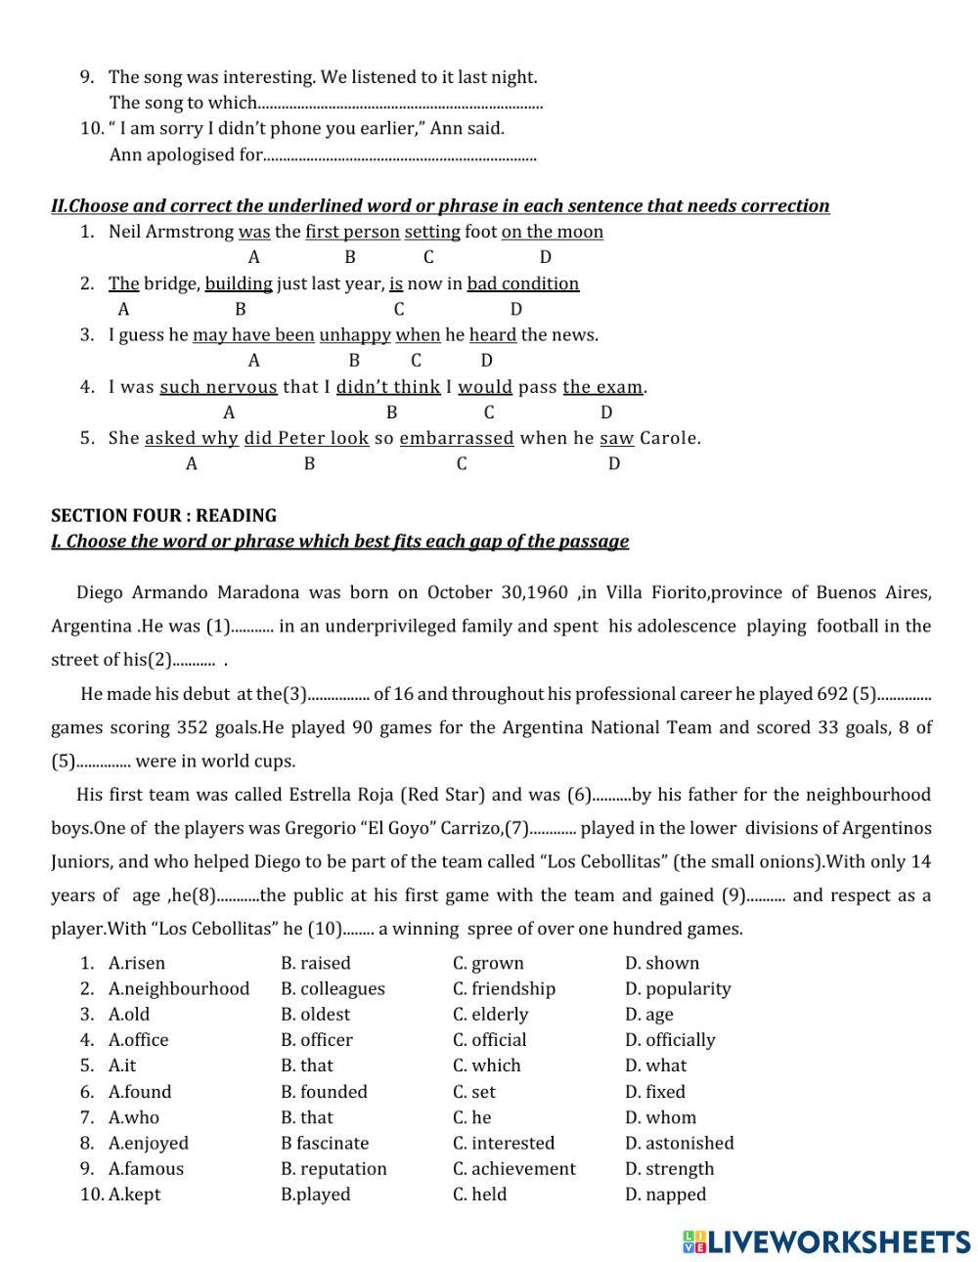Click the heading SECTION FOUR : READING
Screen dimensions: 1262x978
(x=163, y=515)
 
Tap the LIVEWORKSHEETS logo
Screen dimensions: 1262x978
(x=826, y=1241)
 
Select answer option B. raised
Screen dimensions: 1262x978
(x=315, y=963)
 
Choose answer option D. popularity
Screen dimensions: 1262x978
(x=678, y=988)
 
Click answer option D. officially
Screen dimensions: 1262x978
(x=670, y=1040)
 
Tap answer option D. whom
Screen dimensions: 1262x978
(x=660, y=1117)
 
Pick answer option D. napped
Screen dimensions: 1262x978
(x=665, y=1194)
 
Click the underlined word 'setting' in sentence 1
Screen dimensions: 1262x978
(x=432, y=232)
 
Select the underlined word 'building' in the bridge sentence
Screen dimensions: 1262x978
(x=239, y=283)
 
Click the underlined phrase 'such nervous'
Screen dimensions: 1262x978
(x=218, y=387)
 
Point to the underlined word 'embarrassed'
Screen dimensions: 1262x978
(x=457, y=438)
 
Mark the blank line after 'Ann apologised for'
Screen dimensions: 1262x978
(x=401, y=154)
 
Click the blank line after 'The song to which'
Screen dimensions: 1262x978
(x=401, y=103)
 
